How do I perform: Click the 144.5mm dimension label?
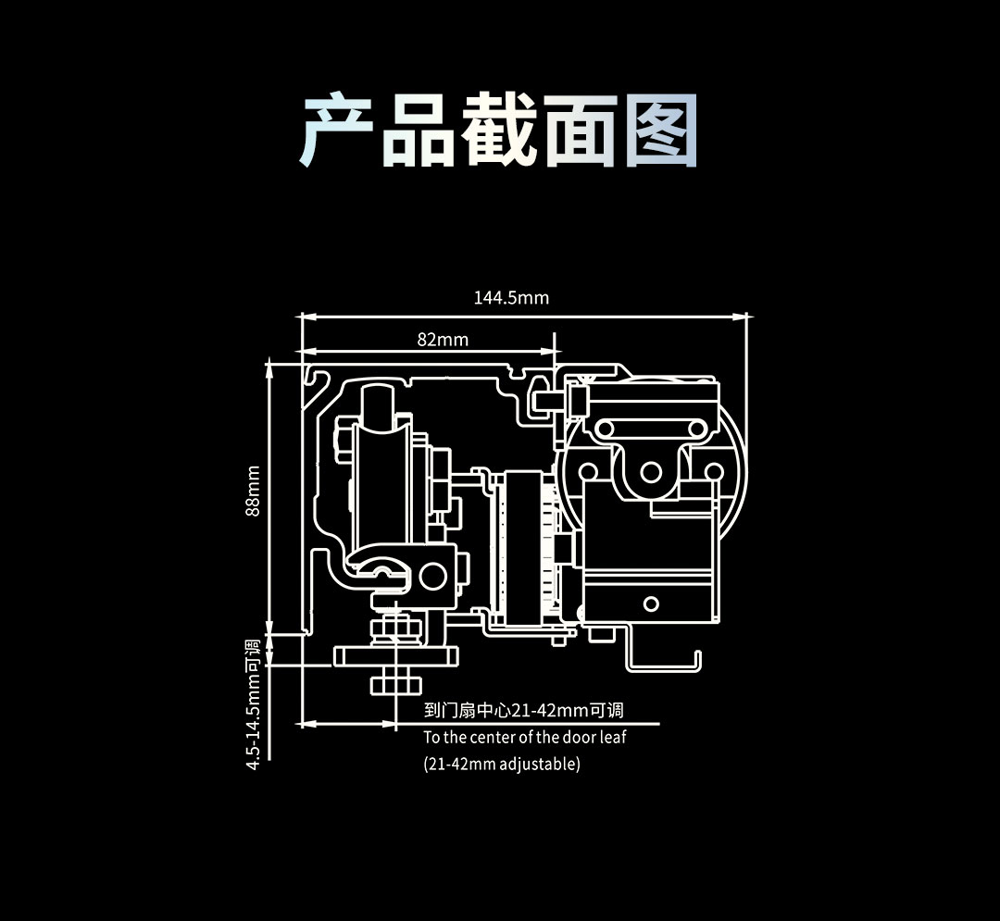click(x=511, y=298)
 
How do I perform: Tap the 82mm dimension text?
click(x=443, y=340)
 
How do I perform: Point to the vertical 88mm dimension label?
click(x=253, y=491)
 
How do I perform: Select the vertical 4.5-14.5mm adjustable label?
click(x=253, y=703)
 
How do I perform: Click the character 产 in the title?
click(x=339, y=131)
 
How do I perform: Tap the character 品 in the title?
click(x=419, y=131)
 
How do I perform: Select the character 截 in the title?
click(x=499, y=131)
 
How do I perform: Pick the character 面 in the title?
click(x=580, y=131)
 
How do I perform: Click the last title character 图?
click(x=659, y=131)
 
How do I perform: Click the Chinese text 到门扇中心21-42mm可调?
click(x=523, y=711)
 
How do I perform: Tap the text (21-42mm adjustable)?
click(x=502, y=765)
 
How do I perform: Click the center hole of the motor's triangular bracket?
click(x=652, y=473)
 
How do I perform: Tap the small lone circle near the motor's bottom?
click(x=651, y=604)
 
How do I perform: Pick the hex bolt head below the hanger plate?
click(x=397, y=684)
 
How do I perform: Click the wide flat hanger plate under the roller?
click(x=396, y=655)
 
